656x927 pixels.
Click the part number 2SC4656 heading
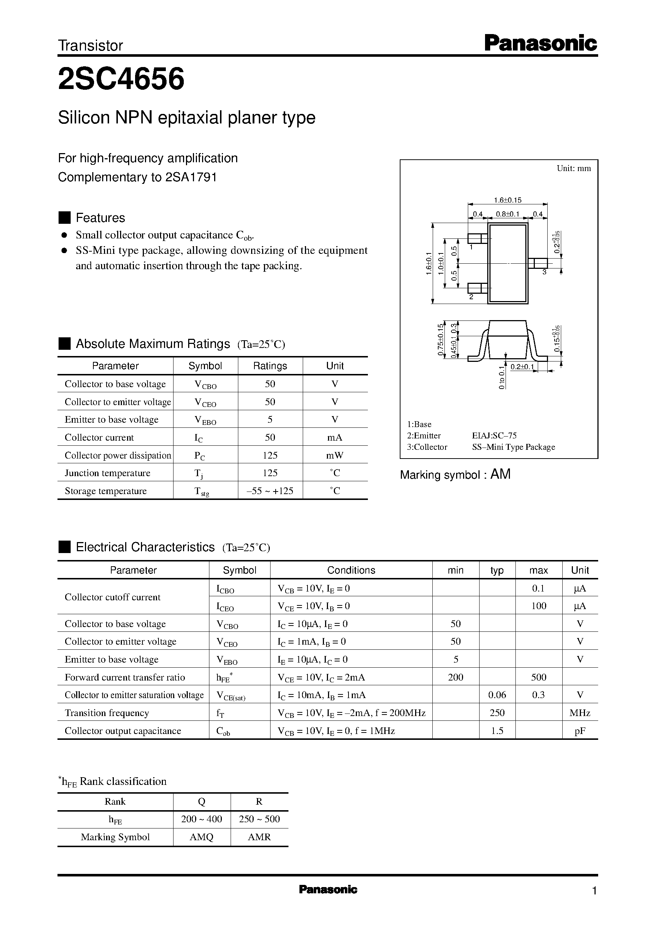(x=121, y=79)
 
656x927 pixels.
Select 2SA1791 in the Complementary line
(x=191, y=177)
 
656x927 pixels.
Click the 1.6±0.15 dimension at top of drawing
(x=508, y=200)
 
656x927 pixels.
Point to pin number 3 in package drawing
(x=544, y=272)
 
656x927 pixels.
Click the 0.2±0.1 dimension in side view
(x=522, y=367)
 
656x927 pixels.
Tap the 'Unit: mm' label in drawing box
(x=573, y=168)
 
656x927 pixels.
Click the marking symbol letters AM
(x=500, y=474)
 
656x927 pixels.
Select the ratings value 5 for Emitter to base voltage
(x=270, y=419)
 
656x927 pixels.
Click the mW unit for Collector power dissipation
(x=335, y=455)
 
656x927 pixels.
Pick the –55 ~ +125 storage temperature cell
(x=270, y=491)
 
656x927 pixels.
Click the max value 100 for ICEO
(x=538, y=606)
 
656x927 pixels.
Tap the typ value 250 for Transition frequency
(x=497, y=713)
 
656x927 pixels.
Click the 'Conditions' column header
(x=351, y=570)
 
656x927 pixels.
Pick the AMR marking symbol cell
(x=259, y=837)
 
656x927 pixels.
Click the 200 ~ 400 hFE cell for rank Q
(x=202, y=819)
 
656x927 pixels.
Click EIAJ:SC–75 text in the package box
(x=494, y=435)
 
